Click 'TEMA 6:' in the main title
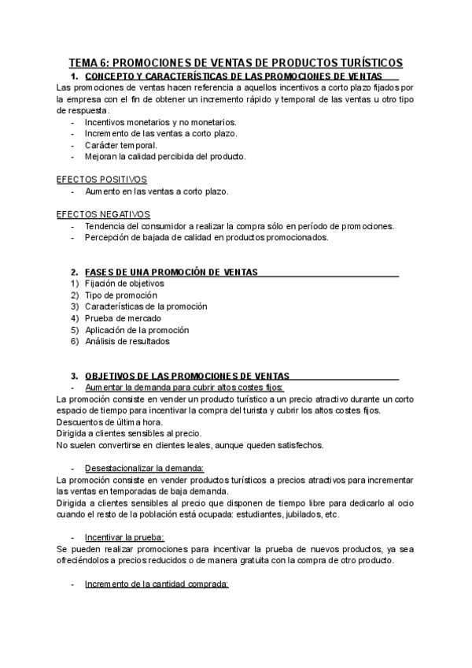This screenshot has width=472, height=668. pyautogui.click(x=88, y=62)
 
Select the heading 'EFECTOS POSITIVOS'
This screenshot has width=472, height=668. pyautogui.click(x=101, y=180)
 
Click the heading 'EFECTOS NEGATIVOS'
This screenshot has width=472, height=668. pyautogui.click(x=103, y=214)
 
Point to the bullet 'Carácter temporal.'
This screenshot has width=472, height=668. pyautogui.click(x=120, y=145)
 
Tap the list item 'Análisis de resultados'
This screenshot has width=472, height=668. pyautogui.click(x=127, y=342)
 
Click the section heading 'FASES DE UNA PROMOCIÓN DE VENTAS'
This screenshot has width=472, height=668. pyautogui.click(x=171, y=272)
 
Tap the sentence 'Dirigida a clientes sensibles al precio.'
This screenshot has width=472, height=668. pyautogui.click(x=130, y=433)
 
